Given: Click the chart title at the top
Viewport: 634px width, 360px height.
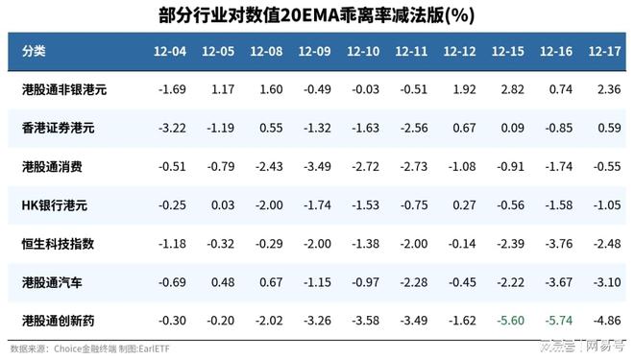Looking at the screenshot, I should [x=316, y=15].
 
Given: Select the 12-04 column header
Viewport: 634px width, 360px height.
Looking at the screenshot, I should [x=172, y=50].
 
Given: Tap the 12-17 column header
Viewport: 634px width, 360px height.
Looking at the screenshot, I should [x=605, y=50].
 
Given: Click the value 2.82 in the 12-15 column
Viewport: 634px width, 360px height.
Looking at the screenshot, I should [x=510, y=89].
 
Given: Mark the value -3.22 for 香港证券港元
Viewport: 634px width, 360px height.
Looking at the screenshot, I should [x=172, y=128].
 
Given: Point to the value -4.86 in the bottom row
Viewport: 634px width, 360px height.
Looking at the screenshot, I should [x=605, y=321].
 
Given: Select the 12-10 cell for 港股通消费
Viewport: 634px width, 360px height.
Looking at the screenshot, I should [x=364, y=166].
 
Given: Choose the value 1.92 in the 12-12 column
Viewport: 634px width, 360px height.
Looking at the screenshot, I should [x=462, y=89].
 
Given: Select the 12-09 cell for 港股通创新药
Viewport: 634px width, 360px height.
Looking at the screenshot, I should [x=316, y=321].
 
